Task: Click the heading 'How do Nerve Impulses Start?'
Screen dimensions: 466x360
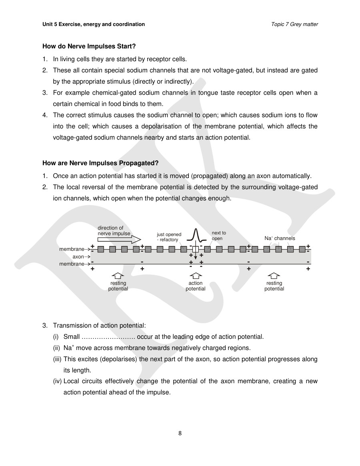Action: coord(89,46)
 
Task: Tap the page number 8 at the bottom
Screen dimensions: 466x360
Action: coord(180,433)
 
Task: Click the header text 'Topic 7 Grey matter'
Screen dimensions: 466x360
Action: coord(294,24)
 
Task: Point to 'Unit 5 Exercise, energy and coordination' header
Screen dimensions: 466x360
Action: coord(94,24)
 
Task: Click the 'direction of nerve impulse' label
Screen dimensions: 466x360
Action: coord(114,231)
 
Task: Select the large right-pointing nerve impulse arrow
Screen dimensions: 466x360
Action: coord(119,239)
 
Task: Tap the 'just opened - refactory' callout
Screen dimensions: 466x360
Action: coord(169,237)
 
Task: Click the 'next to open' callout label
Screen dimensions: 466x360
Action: coord(218,236)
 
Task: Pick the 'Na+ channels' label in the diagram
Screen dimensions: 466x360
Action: coord(280,238)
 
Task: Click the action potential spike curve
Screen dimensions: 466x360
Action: coord(196,236)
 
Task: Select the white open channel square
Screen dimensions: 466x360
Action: coord(195,249)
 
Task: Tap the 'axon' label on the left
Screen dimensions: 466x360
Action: coord(78,256)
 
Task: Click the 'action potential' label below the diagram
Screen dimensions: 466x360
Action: coord(195,286)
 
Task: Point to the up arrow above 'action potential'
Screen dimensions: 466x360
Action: coord(195,276)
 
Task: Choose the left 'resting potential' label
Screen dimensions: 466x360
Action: coord(118,286)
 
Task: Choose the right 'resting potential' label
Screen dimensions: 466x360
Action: coord(274,286)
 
